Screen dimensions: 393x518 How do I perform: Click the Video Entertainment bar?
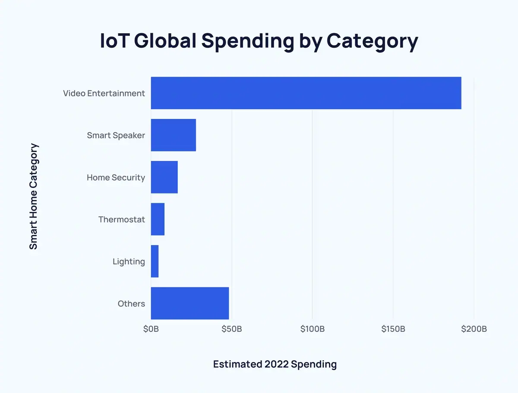click(x=306, y=93)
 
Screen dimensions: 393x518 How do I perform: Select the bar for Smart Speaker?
click(x=173, y=135)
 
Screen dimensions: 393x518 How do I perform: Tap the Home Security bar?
click(x=164, y=177)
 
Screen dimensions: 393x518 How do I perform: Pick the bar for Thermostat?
click(x=158, y=219)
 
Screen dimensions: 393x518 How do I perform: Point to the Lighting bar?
click(x=155, y=261)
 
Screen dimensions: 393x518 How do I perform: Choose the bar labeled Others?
click(x=190, y=303)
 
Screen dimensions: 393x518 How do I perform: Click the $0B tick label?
click(x=151, y=329)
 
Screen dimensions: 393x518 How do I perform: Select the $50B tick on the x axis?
click(x=232, y=329)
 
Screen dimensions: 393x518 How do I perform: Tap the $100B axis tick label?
click(x=313, y=329)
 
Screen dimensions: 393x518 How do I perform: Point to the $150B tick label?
click(x=393, y=329)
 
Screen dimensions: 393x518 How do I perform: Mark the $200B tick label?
click(x=474, y=329)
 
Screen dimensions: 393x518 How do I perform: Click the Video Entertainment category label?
click(x=104, y=93)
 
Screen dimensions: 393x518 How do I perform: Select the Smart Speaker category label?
click(x=116, y=135)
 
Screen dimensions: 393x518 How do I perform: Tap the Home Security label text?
click(x=116, y=177)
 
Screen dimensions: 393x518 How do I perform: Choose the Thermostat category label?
click(x=121, y=219)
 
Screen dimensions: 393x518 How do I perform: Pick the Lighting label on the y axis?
click(x=129, y=262)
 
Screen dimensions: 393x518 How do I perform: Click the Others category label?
click(x=131, y=304)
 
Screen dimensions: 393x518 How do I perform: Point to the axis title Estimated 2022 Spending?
click(x=275, y=364)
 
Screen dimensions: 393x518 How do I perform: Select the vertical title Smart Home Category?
click(x=34, y=196)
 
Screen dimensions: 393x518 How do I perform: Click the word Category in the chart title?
click(x=372, y=41)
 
